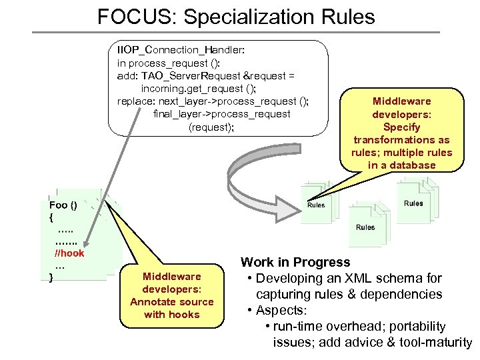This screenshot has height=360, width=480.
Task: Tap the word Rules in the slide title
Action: click(x=346, y=16)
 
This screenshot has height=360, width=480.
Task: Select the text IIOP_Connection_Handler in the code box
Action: click(x=176, y=50)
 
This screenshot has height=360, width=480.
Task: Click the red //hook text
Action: click(x=69, y=253)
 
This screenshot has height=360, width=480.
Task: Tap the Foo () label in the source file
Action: click(x=63, y=205)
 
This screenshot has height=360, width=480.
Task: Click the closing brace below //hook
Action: click(x=51, y=277)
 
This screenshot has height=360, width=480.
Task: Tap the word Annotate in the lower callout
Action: click(x=153, y=301)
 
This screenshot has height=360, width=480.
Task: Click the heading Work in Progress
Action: click(x=295, y=262)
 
